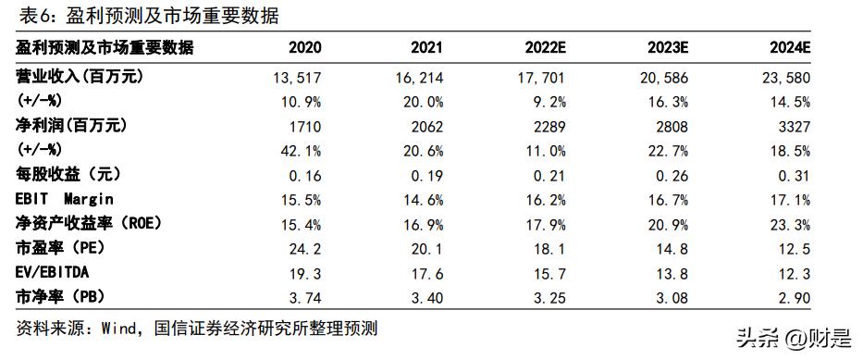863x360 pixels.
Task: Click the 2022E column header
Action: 544,47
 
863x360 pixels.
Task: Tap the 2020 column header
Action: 305,47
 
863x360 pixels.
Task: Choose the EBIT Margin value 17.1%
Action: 791,198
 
